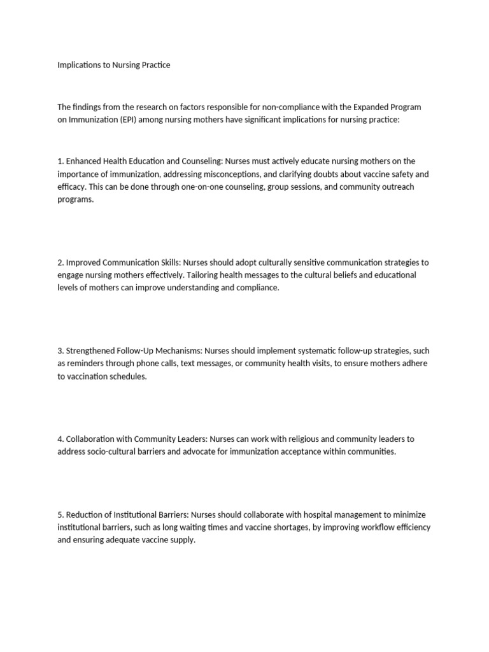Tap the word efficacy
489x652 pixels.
pos(70,187)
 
